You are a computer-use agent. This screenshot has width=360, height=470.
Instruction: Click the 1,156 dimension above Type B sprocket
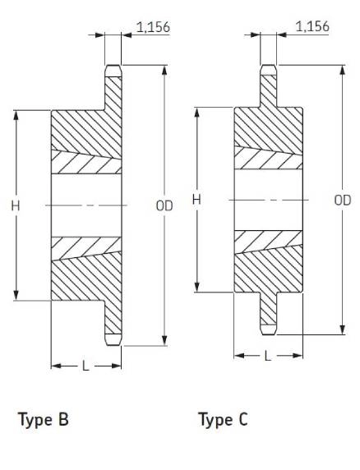click(153, 27)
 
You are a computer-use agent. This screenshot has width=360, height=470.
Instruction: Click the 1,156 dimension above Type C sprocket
click(312, 26)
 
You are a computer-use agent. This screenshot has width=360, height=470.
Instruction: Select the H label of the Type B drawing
click(16, 206)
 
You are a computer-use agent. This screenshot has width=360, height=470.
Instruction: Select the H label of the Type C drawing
click(196, 200)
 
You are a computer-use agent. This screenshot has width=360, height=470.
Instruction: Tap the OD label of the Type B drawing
click(164, 206)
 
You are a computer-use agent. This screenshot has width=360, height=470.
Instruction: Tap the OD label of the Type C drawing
click(343, 200)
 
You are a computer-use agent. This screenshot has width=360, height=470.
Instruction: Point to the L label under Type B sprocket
click(85, 366)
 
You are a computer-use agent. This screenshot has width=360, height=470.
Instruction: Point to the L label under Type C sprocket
click(268, 356)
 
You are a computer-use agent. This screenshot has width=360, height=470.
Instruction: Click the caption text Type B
click(44, 420)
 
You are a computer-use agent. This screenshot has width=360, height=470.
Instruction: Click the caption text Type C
click(223, 420)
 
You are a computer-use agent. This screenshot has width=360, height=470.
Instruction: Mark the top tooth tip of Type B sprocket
click(113, 66)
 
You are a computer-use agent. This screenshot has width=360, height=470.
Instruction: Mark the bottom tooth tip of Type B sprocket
click(113, 345)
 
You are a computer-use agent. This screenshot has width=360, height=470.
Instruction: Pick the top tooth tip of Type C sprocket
click(268, 65)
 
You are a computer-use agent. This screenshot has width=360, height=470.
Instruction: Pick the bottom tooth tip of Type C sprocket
click(268, 334)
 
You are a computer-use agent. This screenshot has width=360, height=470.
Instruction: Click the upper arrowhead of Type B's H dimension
click(16, 116)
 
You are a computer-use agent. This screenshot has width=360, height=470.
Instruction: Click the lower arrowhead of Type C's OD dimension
click(343, 329)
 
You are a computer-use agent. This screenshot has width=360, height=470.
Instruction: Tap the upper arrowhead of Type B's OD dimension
click(164, 71)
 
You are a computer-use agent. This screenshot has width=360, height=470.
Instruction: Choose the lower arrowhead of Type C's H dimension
click(197, 287)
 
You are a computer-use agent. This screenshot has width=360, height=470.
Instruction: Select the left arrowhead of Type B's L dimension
click(56, 366)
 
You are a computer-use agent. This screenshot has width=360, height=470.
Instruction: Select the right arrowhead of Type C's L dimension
click(298, 356)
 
